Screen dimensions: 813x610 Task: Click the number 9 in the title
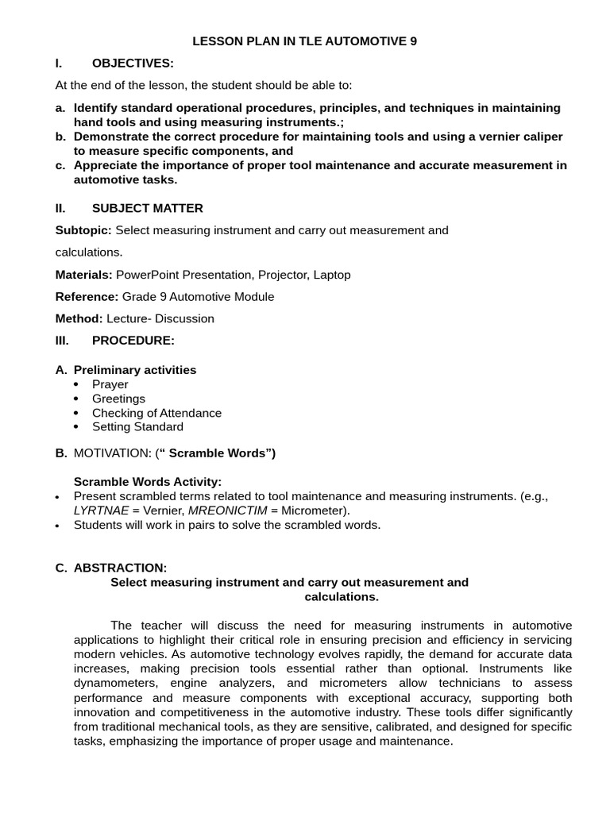coord(413,41)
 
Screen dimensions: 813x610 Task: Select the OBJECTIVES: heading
coord(132,64)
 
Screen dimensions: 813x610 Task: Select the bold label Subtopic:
coord(83,230)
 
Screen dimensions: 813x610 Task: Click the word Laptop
coord(332,275)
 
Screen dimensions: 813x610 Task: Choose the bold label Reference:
coord(87,297)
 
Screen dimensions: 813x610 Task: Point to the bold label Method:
coord(79,318)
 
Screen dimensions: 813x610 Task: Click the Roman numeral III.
coord(62,341)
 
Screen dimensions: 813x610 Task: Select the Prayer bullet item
coord(110,384)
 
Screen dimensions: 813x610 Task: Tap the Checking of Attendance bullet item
coord(156,413)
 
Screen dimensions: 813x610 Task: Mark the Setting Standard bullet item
coord(137,427)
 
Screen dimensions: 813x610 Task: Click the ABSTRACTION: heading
coord(120,568)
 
